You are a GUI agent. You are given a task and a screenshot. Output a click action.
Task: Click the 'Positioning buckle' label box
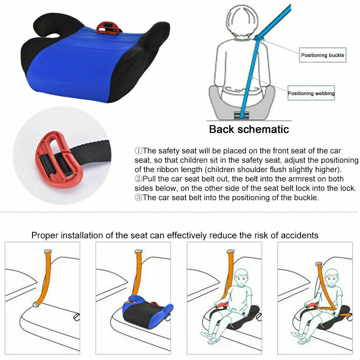(323, 55)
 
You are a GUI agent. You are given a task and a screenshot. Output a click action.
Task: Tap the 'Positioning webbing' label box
(311, 93)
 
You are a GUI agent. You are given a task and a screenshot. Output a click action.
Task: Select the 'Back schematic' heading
(249, 129)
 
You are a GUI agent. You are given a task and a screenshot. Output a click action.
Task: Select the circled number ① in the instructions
(139, 150)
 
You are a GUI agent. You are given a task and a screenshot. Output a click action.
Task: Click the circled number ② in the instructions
(139, 179)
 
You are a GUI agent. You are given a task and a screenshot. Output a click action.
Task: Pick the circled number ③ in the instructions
(139, 198)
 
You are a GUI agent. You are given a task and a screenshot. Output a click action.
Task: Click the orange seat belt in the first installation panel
(45, 277)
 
